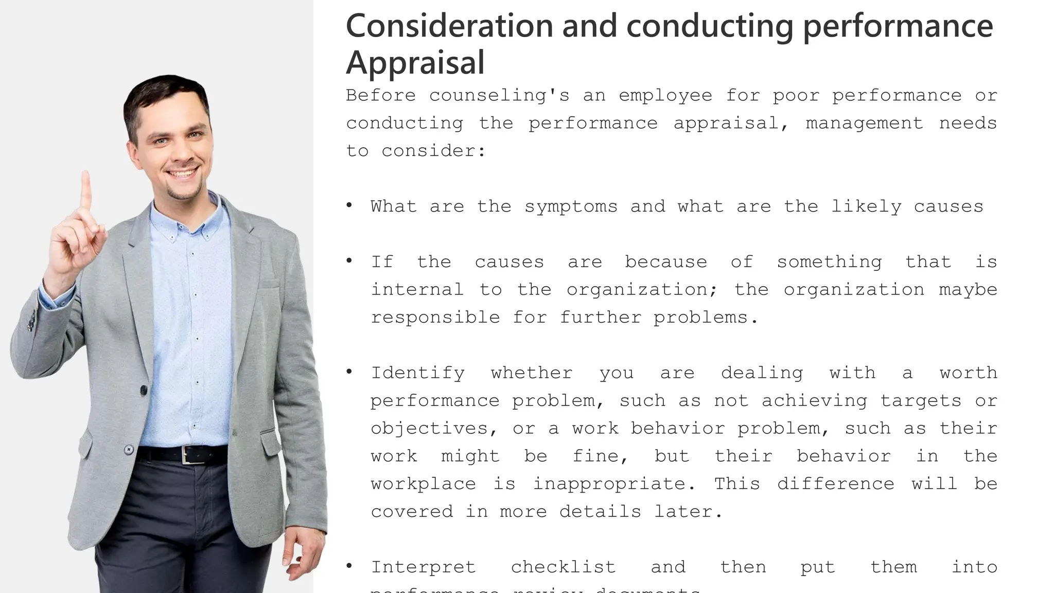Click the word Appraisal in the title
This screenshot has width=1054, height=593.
415,63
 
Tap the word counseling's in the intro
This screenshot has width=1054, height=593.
499,96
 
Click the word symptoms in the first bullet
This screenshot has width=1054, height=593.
571,207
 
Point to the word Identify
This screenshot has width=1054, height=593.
417,373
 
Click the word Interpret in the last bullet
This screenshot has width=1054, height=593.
423,567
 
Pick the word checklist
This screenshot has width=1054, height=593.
563,567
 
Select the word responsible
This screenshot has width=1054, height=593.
435,318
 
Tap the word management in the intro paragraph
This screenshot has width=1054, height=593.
864,124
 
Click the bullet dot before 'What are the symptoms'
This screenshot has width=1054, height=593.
349,206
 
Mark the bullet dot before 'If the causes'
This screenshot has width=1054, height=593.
349,261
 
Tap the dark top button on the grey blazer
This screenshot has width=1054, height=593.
144,390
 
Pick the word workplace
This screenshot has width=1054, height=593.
423,484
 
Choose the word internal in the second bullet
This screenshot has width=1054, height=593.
417,290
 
